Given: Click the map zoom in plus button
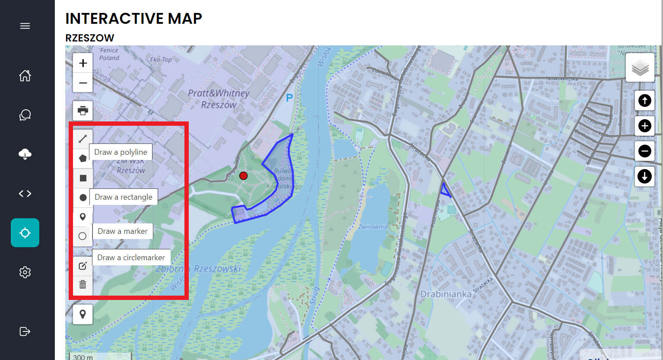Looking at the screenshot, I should pyautogui.click(x=83, y=63).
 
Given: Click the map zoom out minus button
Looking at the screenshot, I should pyautogui.click(x=83, y=83).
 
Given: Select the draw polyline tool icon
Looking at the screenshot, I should pyautogui.click(x=83, y=139).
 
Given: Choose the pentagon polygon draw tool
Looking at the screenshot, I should pyautogui.click(x=83, y=158).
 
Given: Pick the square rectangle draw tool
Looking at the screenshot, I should pyautogui.click(x=83, y=178).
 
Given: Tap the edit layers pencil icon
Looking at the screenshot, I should pyautogui.click(x=83, y=266).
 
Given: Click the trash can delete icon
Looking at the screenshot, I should pyautogui.click(x=83, y=284).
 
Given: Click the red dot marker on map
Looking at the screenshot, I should pyautogui.click(x=244, y=175).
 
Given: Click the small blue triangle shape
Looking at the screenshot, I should pyautogui.click(x=445, y=191).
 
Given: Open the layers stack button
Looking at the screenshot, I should pyautogui.click(x=640, y=68).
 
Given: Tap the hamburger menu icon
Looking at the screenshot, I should pyautogui.click(x=25, y=26).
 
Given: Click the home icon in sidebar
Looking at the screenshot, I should pyautogui.click(x=25, y=76).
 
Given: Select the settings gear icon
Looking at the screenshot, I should pyautogui.click(x=25, y=272).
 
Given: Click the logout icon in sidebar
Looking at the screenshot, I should pyautogui.click(x=25, y=331).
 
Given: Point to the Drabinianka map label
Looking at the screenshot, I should pyautogui.click(x=446, y=294).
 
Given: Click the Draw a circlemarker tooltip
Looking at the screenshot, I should pyautogui.click(x=131, y=258).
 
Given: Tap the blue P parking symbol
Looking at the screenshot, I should pyautogui.click(x=289, y=99).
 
